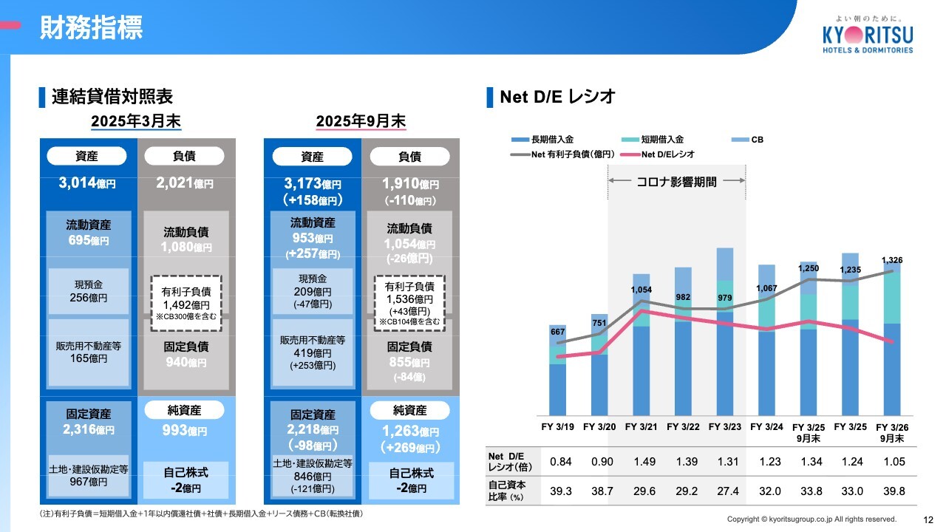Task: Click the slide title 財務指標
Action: click(92, 27)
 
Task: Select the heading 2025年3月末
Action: click(136, 120)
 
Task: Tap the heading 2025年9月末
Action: click(361, 120)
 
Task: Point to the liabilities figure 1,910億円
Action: click(409, 184)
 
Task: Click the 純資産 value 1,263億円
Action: click(409, 432)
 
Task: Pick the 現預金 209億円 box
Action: click(312, 291)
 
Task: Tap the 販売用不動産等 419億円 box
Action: click(312, 352)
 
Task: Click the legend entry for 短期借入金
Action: click(654, 139)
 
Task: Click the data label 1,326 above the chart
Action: click(892, 260)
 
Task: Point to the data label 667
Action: click(557, 332)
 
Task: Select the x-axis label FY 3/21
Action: click(641, 426)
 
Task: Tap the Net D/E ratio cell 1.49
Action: click(644, 462)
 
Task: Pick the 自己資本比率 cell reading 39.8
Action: click(892, 491)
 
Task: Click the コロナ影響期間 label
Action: click(676, 182)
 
